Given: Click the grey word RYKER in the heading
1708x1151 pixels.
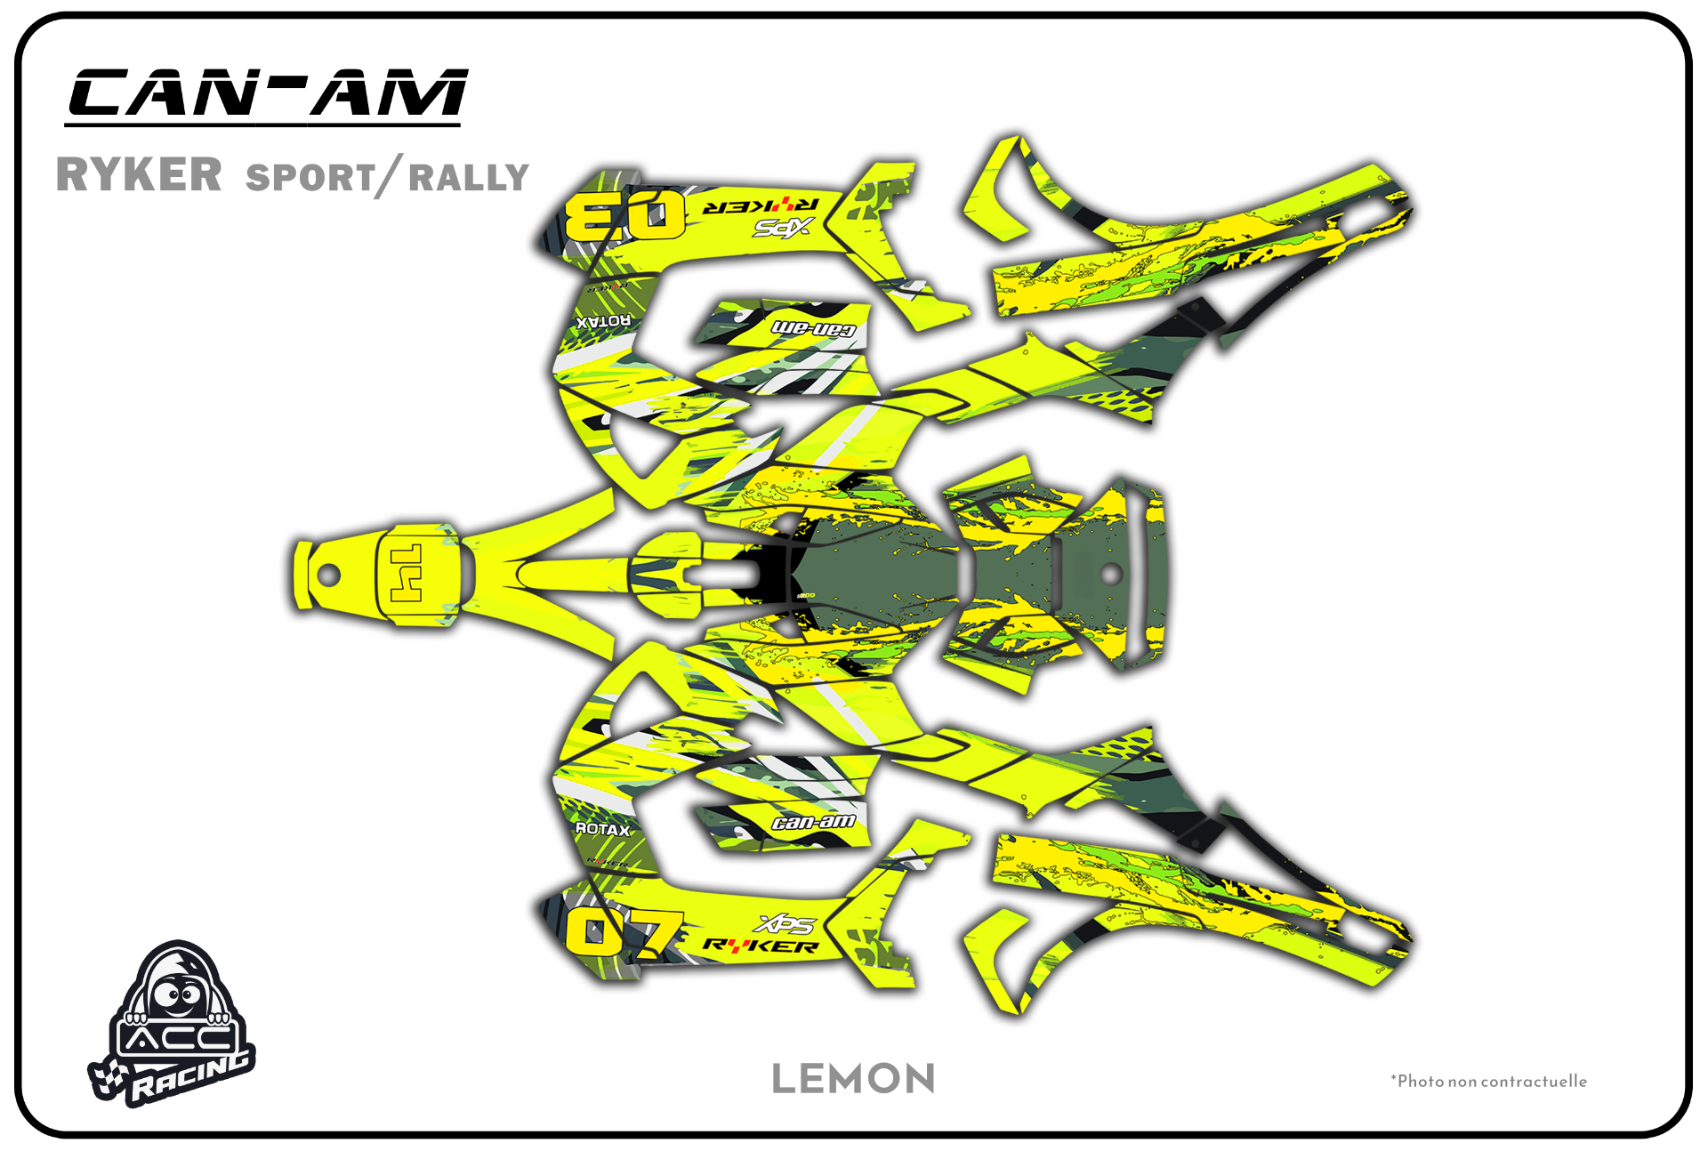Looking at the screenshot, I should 139,174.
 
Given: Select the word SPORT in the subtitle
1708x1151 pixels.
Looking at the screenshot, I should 310,178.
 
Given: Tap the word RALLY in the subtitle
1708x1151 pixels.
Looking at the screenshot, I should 469,178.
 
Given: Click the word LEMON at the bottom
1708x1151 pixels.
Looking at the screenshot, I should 853,1079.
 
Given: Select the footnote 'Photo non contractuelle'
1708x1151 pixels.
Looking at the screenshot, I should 1490,1081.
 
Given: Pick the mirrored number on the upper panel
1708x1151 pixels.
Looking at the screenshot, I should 625,214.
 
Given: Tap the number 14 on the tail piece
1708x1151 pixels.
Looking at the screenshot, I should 407,574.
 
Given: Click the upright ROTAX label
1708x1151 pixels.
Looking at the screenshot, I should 602,829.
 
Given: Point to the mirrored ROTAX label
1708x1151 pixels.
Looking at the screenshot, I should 602,321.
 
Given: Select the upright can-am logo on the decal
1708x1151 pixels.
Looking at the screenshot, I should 813,822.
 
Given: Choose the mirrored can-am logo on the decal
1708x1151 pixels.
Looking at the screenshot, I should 813,329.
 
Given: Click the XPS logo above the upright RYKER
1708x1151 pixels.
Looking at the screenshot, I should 784,925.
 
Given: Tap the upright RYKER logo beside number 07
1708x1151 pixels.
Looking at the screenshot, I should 761,946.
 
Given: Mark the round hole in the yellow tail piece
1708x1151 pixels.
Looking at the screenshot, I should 328,575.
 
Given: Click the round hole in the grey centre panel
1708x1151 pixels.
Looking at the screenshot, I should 1110,575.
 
